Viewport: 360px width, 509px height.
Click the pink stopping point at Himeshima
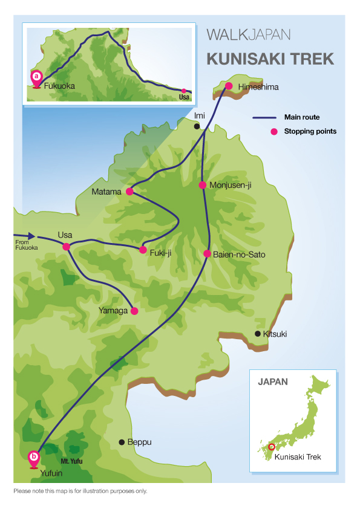(x=229, y=86)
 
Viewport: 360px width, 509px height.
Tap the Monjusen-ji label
(x=231, y=185)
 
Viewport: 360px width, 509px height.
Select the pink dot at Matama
(x=129, y=191)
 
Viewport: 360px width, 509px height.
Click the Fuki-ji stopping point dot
(x=143, y=250)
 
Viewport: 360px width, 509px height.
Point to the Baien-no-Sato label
(x=239, y=254)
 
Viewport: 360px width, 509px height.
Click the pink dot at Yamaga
(x=134, y=311)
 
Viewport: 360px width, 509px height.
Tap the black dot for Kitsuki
(x=258, y=333)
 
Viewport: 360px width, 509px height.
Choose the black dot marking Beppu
(x=122, y=442)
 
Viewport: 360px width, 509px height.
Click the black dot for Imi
(x=197, y=126)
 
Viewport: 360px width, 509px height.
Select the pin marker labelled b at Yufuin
(x=33, y=459)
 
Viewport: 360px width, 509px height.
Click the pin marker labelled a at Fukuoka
(x=36, y=79)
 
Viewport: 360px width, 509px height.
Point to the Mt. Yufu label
(x=71, y=461)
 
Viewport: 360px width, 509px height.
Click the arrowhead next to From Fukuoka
(x=31, y=236)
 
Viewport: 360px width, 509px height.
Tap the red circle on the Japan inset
(x=272, y=447)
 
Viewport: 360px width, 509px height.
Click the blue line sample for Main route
(x=264, y=117)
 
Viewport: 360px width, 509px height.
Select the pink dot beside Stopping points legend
(x=274, y=131)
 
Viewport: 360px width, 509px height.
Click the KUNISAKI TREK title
(x=270, y=59)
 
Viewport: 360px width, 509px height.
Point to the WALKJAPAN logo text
(x=249, y=34)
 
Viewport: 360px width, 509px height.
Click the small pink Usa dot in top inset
(x=183, y=91)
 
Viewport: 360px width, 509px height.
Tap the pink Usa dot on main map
(x=67, y=247)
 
